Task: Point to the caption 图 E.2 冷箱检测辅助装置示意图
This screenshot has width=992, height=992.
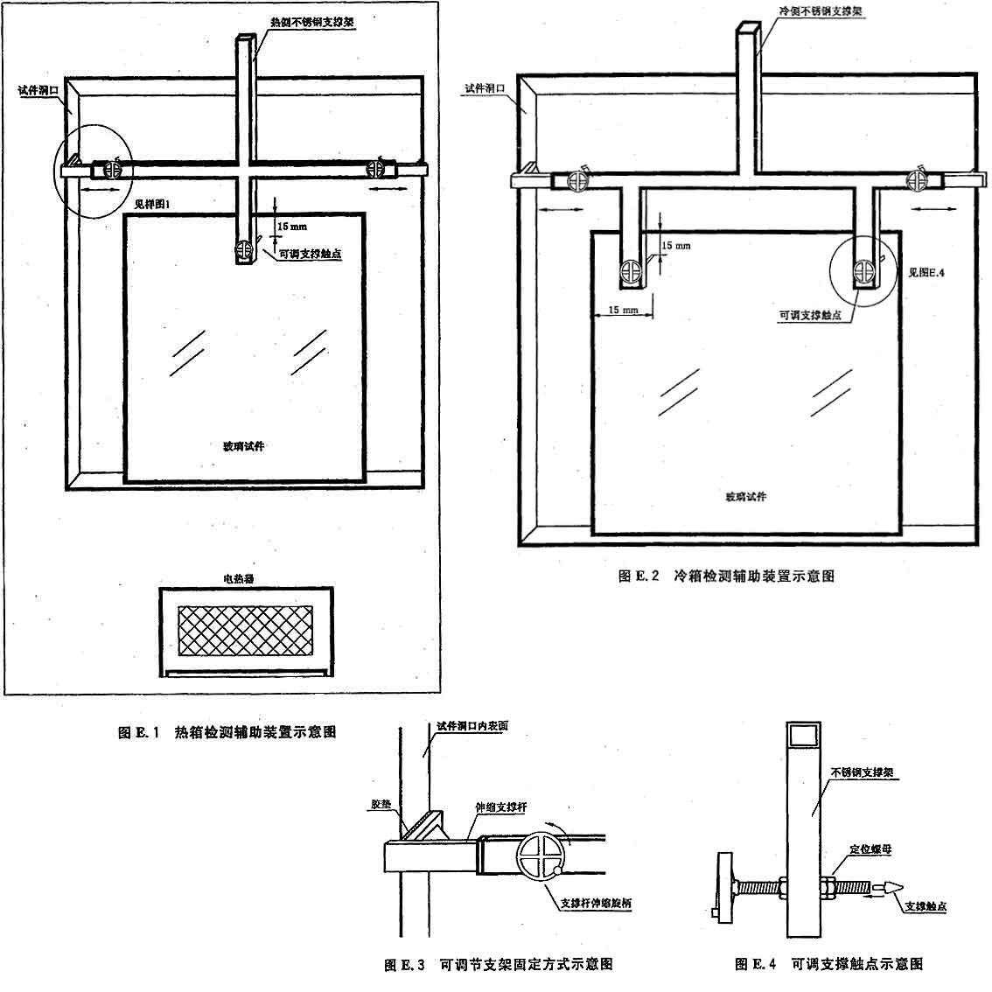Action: point(726,576)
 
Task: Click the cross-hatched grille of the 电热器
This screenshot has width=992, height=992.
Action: point(246,631)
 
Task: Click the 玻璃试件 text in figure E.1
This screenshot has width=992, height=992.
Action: point(243,446)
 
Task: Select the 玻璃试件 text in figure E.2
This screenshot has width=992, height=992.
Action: point(745,496)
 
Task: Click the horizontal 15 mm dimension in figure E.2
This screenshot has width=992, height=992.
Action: point(622,311)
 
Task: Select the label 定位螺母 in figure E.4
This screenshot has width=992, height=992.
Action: point(870,849)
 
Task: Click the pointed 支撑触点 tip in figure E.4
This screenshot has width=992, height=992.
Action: point(891,886)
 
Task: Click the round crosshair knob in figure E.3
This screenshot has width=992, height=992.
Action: point(541,856)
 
